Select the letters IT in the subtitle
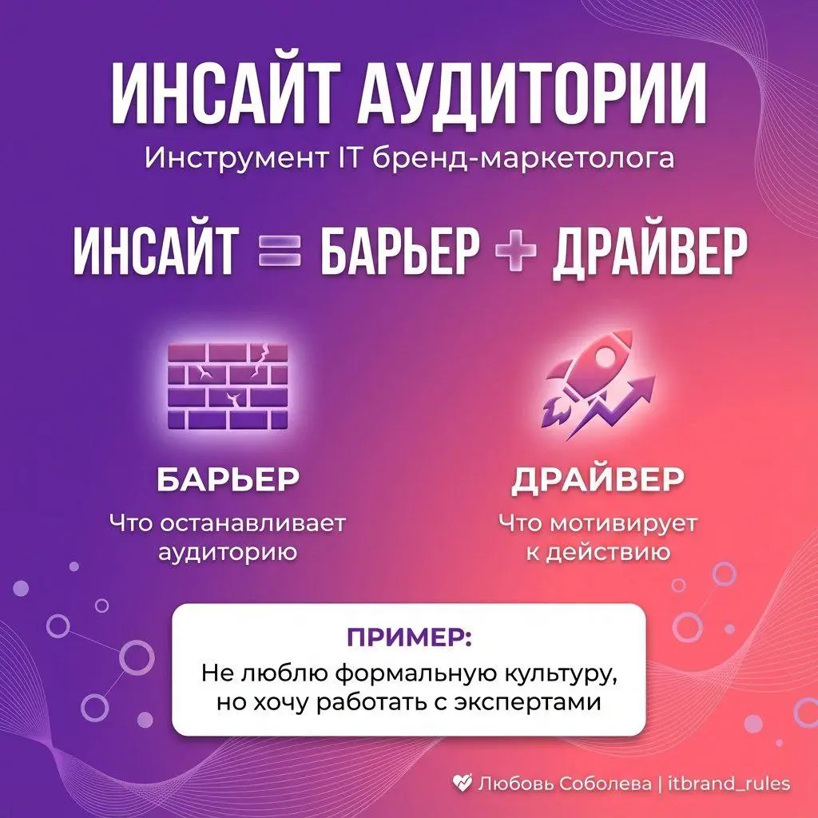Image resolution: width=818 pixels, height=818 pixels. click(352, 158)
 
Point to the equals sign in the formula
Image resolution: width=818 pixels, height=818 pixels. click(279, 252)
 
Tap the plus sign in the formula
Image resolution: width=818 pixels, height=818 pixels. click(515, 252)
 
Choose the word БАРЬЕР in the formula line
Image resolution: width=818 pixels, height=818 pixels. click(399, 252)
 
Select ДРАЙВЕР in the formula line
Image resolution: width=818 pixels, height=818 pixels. click(649, 252)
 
